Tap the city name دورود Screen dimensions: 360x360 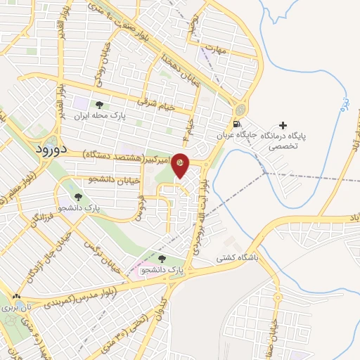click(50, 150)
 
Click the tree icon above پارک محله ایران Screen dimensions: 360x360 click(98, 105)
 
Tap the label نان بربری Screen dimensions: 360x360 click(12, 308)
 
